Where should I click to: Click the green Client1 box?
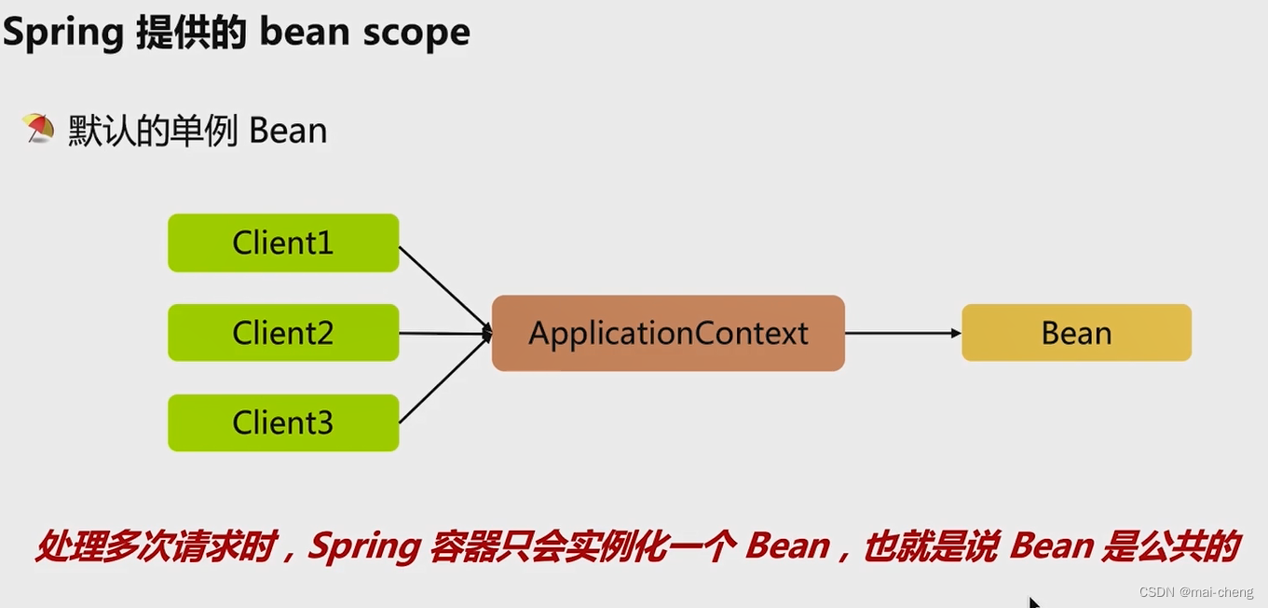(x=283, y=243)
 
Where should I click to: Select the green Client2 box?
(x=283, y=333)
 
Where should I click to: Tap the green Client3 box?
(x=283, y=423)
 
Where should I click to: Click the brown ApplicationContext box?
(x=668, y=333)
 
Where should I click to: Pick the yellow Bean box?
(x=1076, y=333)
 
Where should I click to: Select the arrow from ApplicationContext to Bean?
(x=902, y=333)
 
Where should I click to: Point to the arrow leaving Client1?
(x=443, y=286)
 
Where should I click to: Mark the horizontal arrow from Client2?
(x=443, y=333)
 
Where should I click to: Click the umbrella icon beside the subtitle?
(x=38, y=129)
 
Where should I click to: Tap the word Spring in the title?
(x=63, y=33)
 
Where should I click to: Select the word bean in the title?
(x=303, y=33)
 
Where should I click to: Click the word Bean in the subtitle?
(x=288, y=131)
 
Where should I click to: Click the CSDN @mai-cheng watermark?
(x=1195, y=592)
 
